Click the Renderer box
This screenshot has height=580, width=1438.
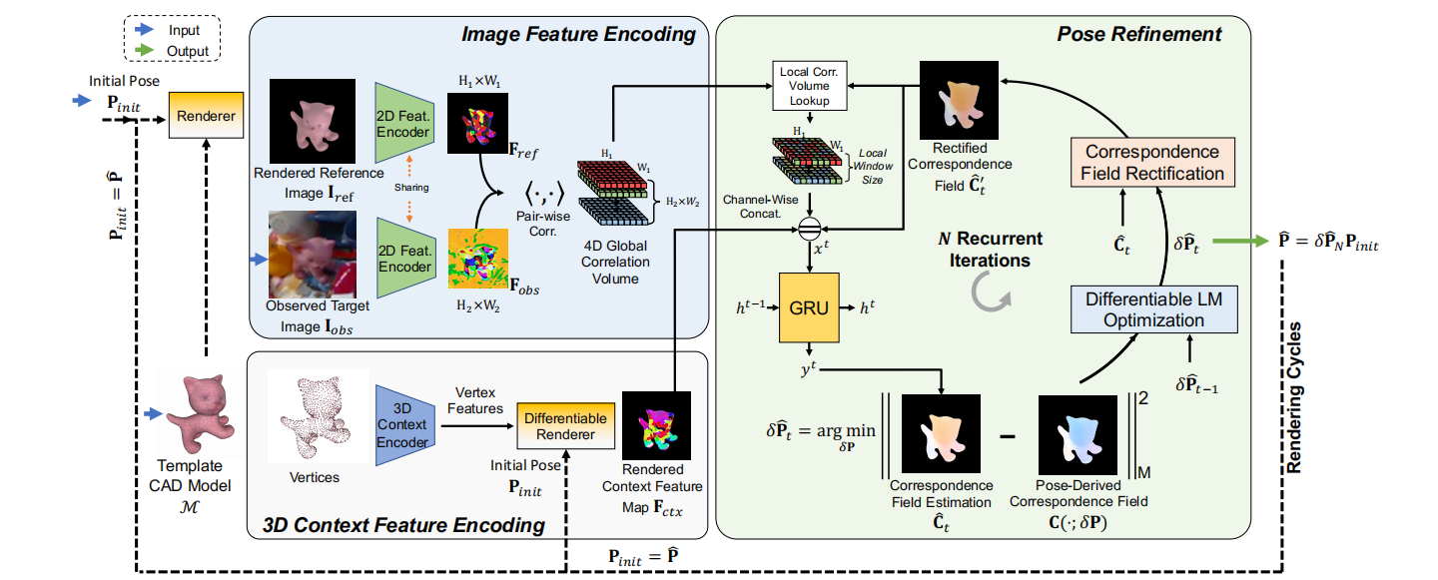206,116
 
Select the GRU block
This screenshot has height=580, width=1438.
809,308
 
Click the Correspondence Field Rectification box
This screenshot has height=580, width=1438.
1152,163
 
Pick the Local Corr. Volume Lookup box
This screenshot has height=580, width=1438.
810,86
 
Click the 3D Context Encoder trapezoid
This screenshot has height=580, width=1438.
406,424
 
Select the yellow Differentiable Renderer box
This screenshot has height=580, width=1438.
565,426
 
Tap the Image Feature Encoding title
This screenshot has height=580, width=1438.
577,35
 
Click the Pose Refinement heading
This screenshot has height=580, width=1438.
1138,35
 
